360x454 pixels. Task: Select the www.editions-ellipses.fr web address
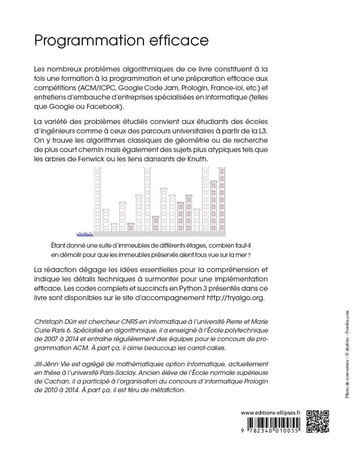click(271, 412)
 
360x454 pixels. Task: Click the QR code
click(318, 421)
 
